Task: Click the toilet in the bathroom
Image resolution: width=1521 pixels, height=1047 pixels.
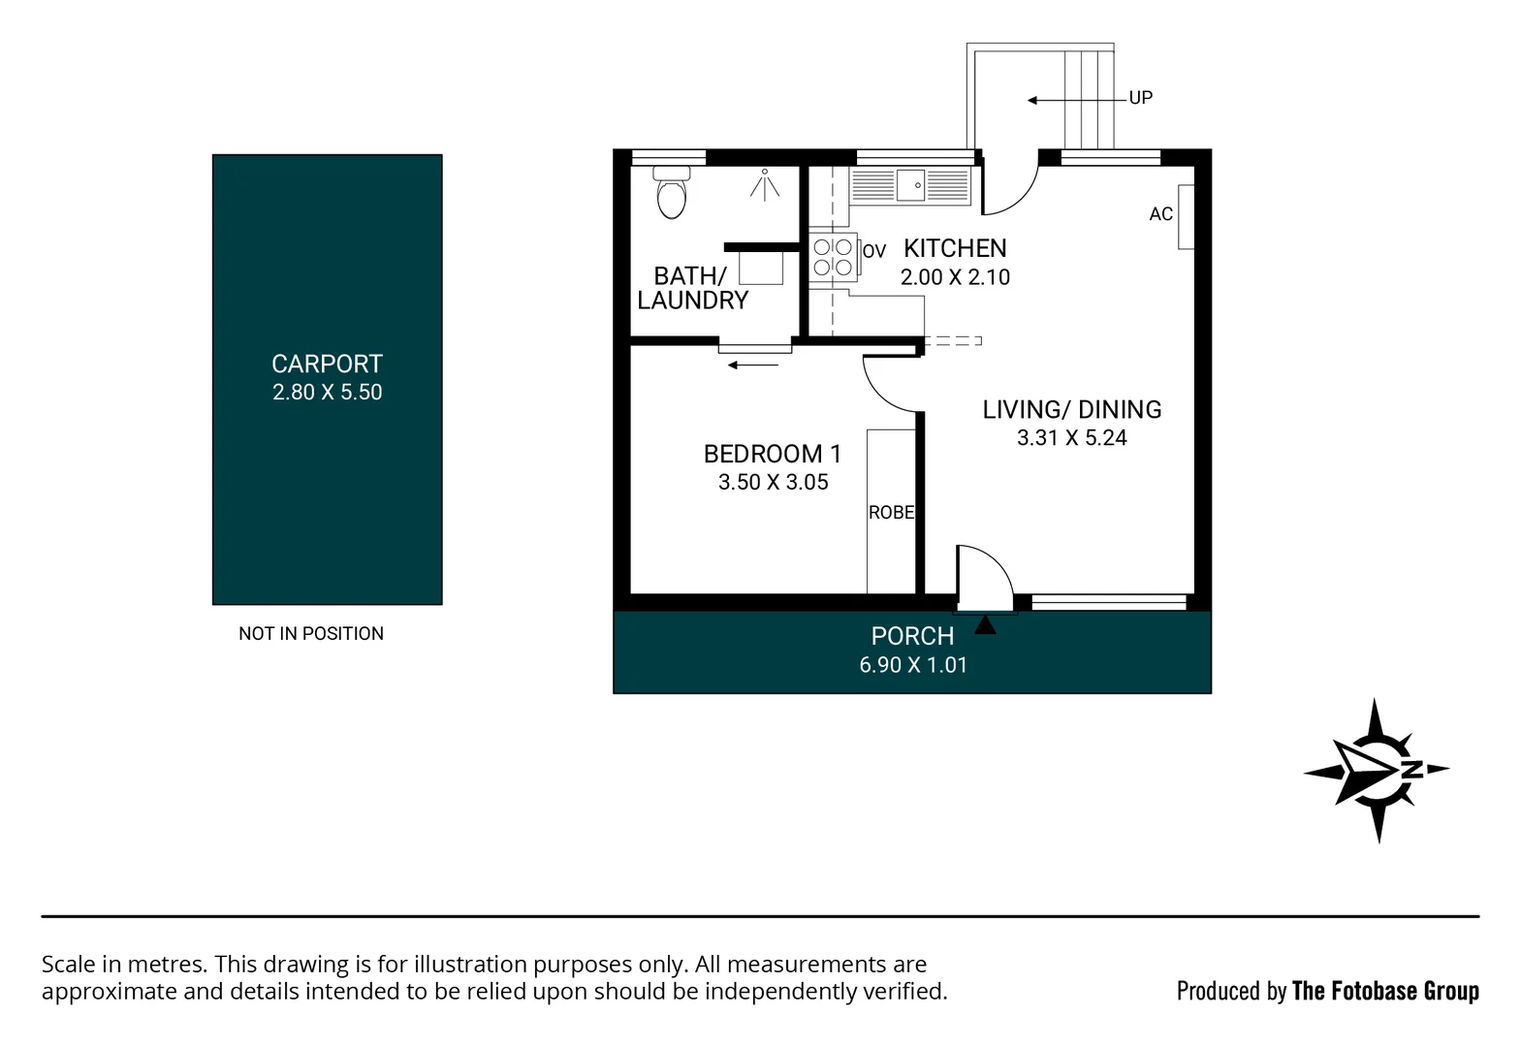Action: (x=671, y=193)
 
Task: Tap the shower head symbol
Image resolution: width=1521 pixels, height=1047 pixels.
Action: (x=765, y=183)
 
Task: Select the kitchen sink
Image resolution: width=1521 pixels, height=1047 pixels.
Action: (x=910, y=184)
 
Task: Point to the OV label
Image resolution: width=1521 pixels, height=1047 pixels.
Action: (x=874, y=251)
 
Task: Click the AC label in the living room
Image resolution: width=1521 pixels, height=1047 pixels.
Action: (x=1160, y=214)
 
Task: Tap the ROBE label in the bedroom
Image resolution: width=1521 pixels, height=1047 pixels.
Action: (x=891, y=512)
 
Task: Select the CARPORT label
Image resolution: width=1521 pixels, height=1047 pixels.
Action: (x=327, y=364)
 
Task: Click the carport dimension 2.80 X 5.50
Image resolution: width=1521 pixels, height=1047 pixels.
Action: (x=327, y=393)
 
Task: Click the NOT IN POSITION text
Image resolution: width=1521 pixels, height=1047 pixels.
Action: (x=311, y=633)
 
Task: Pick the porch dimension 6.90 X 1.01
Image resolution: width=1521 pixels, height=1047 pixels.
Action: (x=913, y=665)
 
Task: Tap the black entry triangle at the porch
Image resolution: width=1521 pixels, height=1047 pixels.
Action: (x=985, y=625)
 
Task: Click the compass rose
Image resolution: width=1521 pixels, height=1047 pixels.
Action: (x=1376, y=771)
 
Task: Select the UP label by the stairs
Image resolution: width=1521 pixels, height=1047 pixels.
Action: (x=1140, y=98)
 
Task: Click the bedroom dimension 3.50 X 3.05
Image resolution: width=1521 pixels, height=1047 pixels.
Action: (x=773, y=483)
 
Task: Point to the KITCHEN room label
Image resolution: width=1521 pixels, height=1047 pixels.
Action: (x=955, y=248)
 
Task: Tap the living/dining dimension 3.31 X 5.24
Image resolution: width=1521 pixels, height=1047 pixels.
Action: (x=1071, y=438)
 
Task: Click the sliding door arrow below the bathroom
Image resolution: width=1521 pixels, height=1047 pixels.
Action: (x=753, y=365)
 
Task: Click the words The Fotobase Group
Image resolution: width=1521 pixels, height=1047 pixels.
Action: (x=1385, y=991)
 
